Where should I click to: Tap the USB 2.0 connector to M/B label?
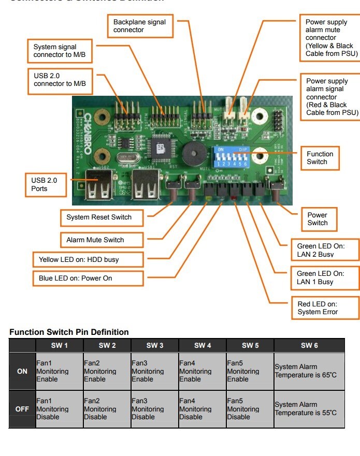click(x=60, y=80)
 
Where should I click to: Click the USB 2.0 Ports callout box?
click(x=47, y=185)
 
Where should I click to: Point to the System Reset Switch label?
click(x=99, y=217)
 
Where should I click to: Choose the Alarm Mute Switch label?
click(x=95, y=240)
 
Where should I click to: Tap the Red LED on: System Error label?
click(x=318, y=308)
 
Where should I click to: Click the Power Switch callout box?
click(x=318, y=219)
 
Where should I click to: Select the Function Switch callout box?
click(x=320, y=158)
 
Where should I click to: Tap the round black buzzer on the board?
click(x=192, y=154)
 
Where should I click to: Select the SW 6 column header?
click(x=309, y=345)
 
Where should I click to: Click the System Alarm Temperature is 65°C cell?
click(x=309, y=371)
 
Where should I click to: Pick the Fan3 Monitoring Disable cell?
click(x=154, y=409)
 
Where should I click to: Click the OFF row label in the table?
click(x=22, y=409)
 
